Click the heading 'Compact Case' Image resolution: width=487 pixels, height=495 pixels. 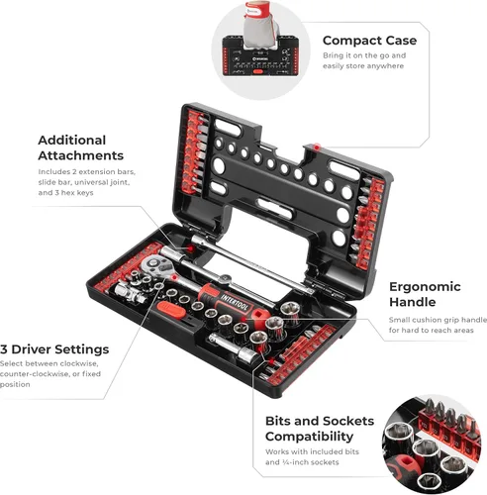pyautogui.click(x=369, y=41)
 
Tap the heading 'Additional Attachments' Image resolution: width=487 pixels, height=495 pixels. pyautogui.click(x=81, y=148)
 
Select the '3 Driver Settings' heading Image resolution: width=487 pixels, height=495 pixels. pyautogui.click(x=54, y=349)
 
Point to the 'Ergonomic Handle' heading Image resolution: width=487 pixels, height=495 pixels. pyautogui.click(x=425, y=294)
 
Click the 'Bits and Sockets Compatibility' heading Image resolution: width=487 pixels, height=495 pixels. pyautogui.click(x=320, y=429)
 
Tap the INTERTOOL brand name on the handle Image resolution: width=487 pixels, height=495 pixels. pyautogui.click(x=235, y=302)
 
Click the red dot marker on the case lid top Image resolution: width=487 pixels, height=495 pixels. pyautogui.click(x=317, y=147)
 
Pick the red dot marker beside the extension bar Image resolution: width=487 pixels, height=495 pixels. pyautogui.click(x=190, y=248)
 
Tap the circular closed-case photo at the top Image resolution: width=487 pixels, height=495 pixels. pyautogui.click(x=260, y=50)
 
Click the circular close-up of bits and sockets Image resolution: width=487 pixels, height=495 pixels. pyautogui.click(x=432, y=444)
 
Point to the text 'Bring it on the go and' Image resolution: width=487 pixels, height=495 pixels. pyautogui.click(x=364, y=55)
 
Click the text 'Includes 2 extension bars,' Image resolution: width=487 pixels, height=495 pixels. pyautogui.click(x=87, y=171)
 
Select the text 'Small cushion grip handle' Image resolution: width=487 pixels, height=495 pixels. pyautogui.click(x=438, y=320)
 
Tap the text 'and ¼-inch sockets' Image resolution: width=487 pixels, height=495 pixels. pyautogui.click(x=302, y=462)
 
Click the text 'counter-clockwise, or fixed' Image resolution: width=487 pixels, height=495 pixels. pyautogui.click(x=50, y=374)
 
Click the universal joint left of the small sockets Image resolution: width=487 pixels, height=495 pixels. pyautogui.click(x=130, y=293)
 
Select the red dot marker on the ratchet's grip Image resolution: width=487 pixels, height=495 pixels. pyautogui.click(x=243, y=319)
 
